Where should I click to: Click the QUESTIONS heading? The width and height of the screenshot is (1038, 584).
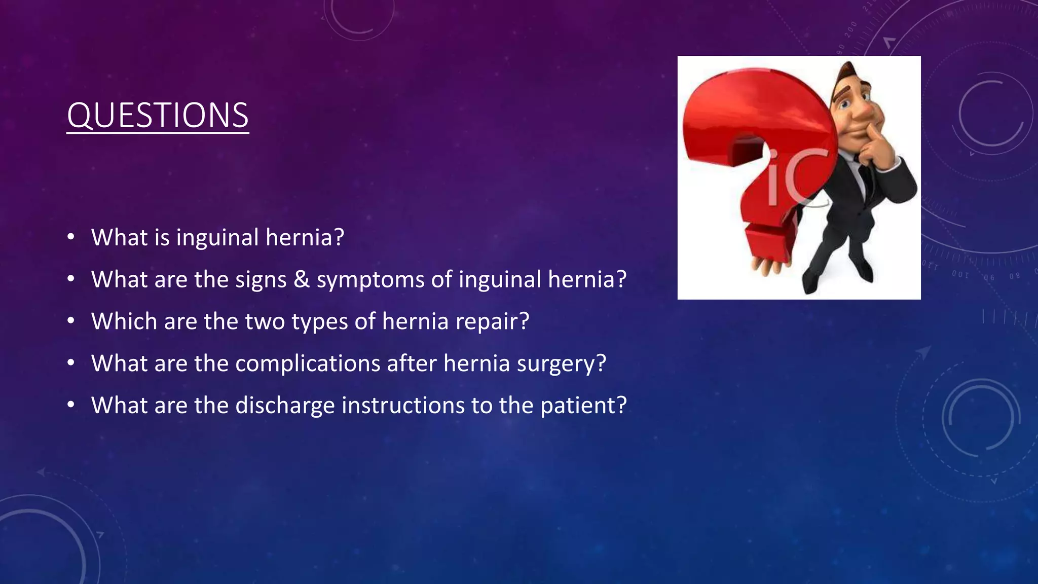(x=158, y=116)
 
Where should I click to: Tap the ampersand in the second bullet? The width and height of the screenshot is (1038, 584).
(x=302, y=279)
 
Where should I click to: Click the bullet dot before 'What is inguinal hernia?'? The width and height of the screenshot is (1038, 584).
(x=71, y=237)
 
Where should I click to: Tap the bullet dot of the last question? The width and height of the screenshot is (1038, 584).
(x=71, y=406)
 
